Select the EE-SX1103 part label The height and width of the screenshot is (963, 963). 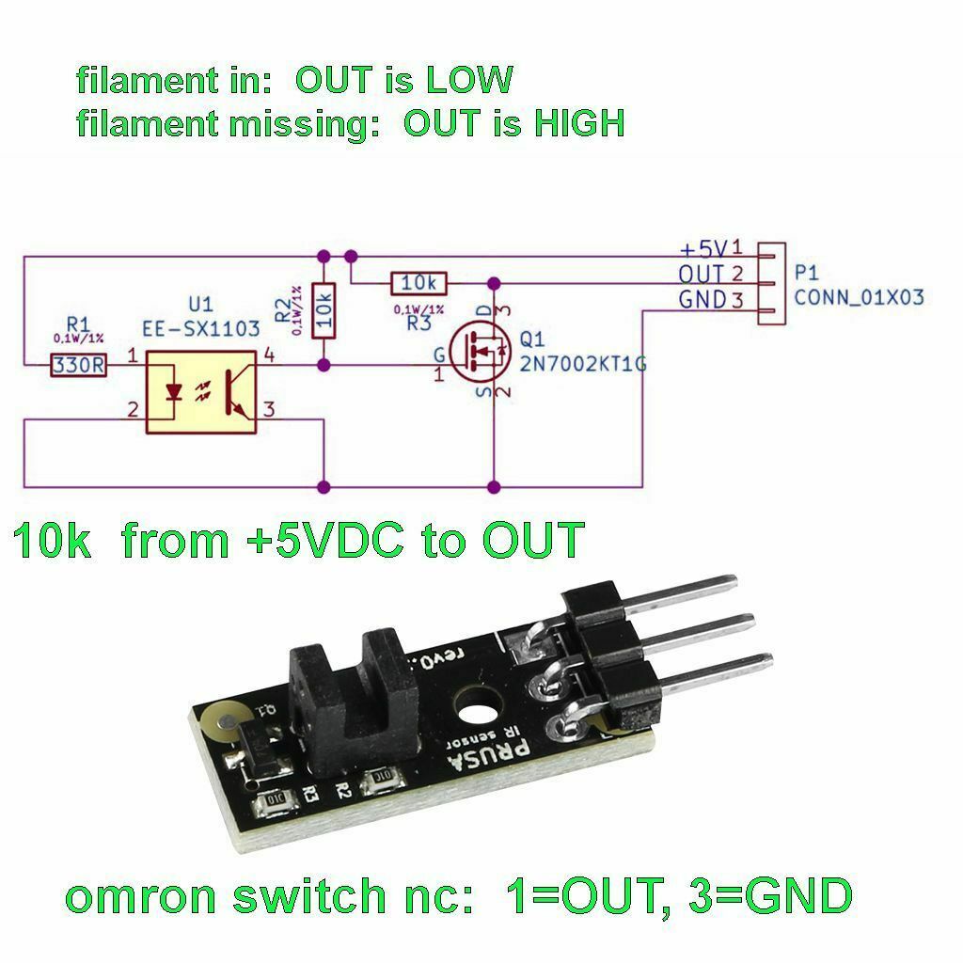click(200, 328)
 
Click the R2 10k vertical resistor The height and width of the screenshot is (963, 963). click(324, 309)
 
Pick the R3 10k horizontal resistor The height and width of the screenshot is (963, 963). click(418, 282)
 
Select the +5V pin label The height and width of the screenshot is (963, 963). click(704, 249)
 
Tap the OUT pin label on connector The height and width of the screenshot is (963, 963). click(702, 275)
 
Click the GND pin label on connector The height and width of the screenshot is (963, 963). click(702, 300)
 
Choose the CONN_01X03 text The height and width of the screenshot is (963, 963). click(859, 297)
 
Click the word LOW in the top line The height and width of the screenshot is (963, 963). click(469, 80)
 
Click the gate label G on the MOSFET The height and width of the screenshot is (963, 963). click(437, 355)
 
